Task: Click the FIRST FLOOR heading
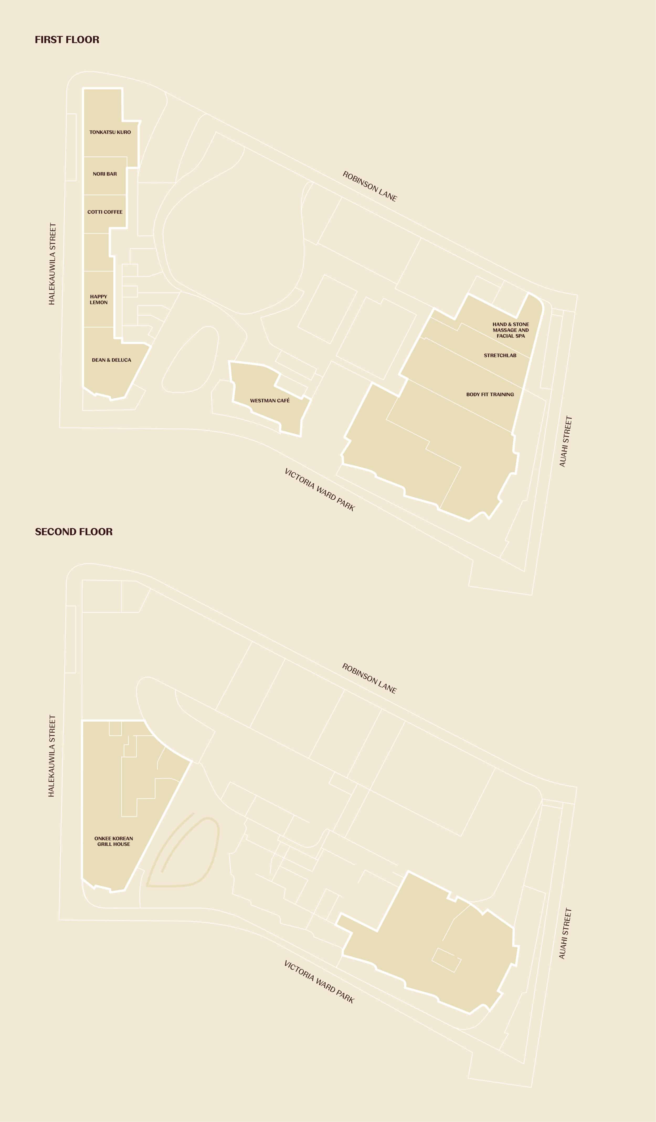click(67, 40)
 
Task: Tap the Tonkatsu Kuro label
click(110, 132)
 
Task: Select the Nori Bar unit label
click(105, 174)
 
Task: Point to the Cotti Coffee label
click(105, 212)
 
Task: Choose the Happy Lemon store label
click(98, 299)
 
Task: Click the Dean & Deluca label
click(111, 360)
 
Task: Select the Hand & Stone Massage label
click(510, 330)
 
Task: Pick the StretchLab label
click(500, 355)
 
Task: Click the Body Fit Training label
click(490, 394)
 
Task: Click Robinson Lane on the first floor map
click(369, 186)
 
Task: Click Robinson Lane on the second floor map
click(369, 678)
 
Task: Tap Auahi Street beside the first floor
click(565, 442)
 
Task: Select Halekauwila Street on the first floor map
click(52, 264)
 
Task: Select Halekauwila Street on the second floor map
click(52, 756)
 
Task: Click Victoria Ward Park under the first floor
click(320, 490)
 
